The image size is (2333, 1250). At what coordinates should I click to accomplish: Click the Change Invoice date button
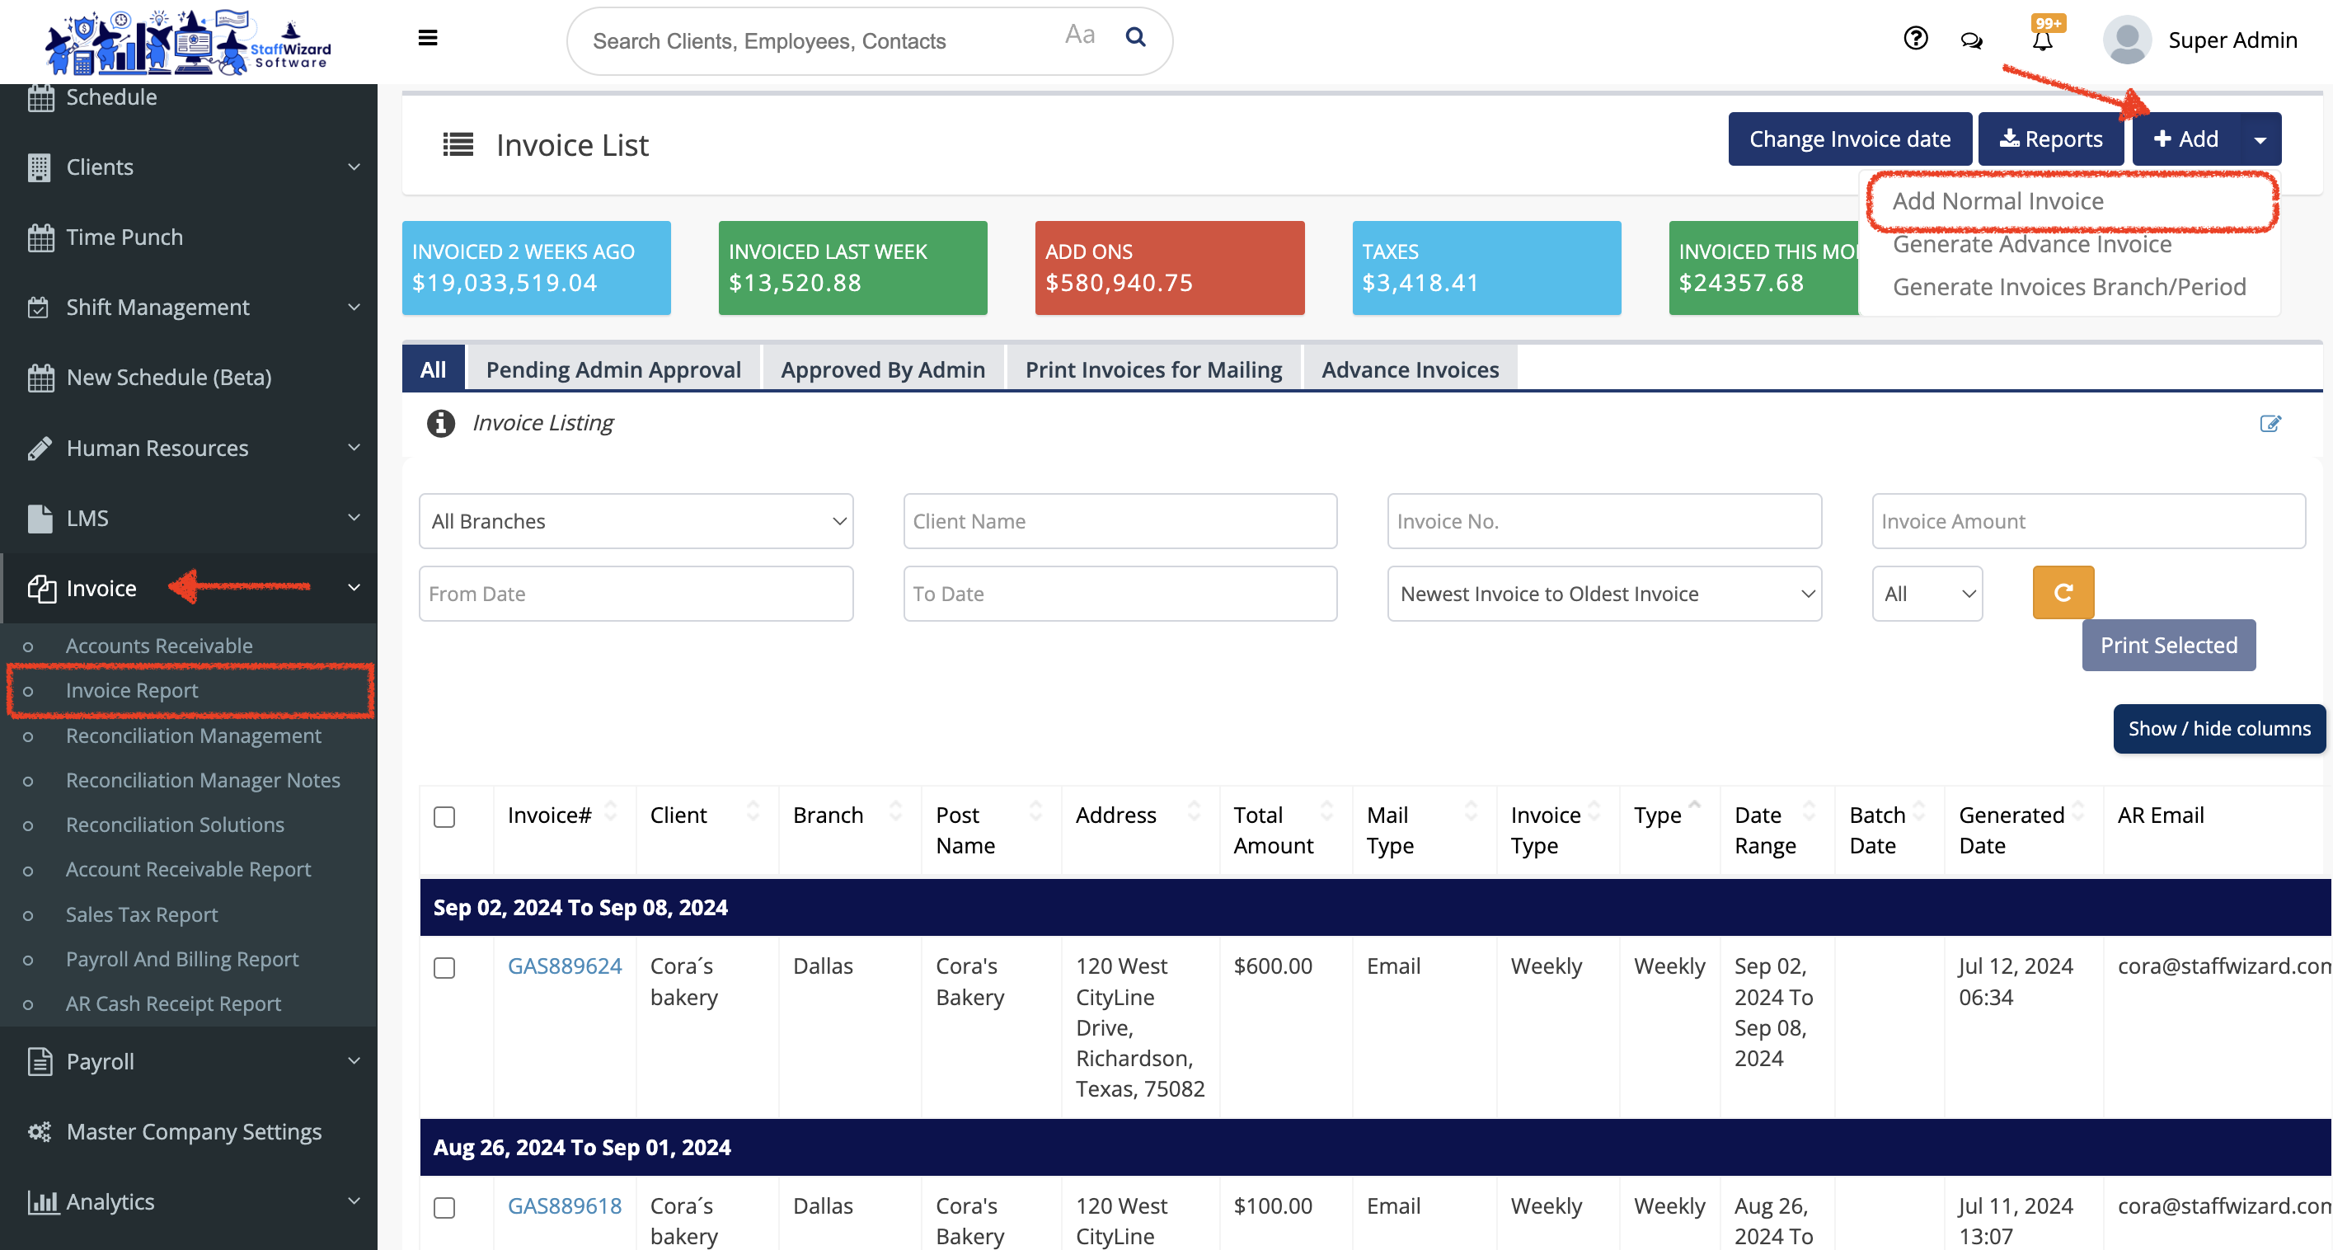point(1848,139)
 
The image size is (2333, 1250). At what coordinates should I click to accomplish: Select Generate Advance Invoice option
point(2031,245)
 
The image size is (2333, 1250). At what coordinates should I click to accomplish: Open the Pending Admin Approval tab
point(613,369)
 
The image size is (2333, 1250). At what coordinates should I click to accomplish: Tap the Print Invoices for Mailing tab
point(1153,369)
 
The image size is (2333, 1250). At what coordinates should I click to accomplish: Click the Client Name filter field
point(1120,521)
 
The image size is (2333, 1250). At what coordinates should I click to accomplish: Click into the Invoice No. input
point(1603,521)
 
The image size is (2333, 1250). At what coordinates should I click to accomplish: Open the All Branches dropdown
point(636,521)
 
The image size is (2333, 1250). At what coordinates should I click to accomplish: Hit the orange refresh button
point(2063,592)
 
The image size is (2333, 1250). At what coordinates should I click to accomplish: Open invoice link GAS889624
point(564,966)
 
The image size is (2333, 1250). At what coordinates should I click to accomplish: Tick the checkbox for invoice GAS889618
point(444,1207)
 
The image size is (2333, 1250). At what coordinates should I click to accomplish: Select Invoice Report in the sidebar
point(131,690)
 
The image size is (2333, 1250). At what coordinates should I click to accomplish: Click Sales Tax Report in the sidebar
point(141,914)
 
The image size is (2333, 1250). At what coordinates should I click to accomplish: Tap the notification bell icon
point(2042,40)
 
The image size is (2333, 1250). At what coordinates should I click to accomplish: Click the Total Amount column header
point(1274,829)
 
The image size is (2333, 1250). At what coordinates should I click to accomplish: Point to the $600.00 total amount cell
point(1273,966)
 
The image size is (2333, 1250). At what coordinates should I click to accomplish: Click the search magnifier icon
point(1135,37)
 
